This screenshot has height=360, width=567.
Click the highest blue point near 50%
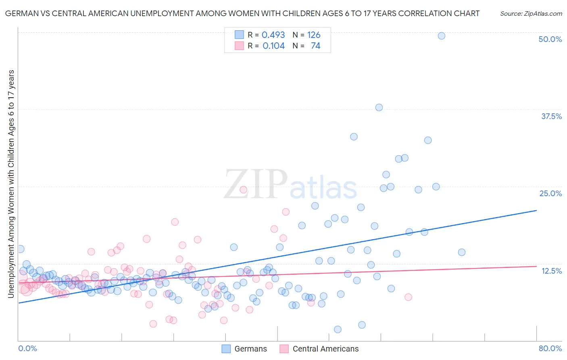tap(442, 36)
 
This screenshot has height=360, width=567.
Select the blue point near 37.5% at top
tap(379, 107)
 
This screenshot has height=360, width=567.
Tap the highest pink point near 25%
tap(244, 189)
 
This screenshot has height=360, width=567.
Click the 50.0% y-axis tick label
tap(550, 39)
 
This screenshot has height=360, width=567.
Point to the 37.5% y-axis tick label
tap(551, 116)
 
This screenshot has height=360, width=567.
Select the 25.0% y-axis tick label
tap(550, 193)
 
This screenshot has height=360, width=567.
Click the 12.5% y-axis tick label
tap(551, 271)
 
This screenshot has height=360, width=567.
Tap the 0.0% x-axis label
tap(27, 348)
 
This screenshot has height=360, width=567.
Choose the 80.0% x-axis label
tap(550, 348)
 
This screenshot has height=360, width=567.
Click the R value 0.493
tap(273, 35)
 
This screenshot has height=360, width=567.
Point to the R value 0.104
tap(273, 46)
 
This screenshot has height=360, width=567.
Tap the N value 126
tap(314, 35)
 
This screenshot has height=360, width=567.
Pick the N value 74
tap(315, 46)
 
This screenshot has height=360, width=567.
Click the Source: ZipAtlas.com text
tap(531, 13)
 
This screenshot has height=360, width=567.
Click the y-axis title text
tap(11, 184)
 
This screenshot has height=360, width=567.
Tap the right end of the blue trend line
tap(536, 211)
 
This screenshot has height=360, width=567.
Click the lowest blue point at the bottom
tap(338, 329)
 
